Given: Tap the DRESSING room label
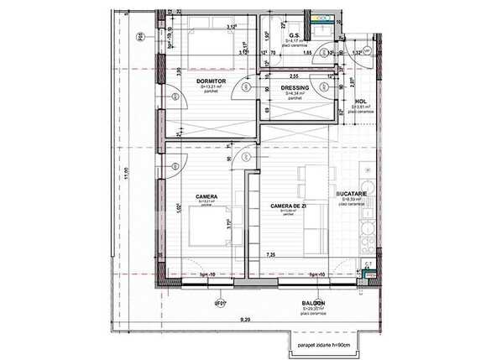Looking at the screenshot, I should point(295,87).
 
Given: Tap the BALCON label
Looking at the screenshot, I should point(314,303).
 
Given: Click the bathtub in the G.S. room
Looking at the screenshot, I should point(295,21).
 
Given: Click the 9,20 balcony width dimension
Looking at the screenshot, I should point(245,320).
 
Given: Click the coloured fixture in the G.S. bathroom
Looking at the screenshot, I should point(320,16).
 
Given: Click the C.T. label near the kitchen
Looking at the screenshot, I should point(368,264).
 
